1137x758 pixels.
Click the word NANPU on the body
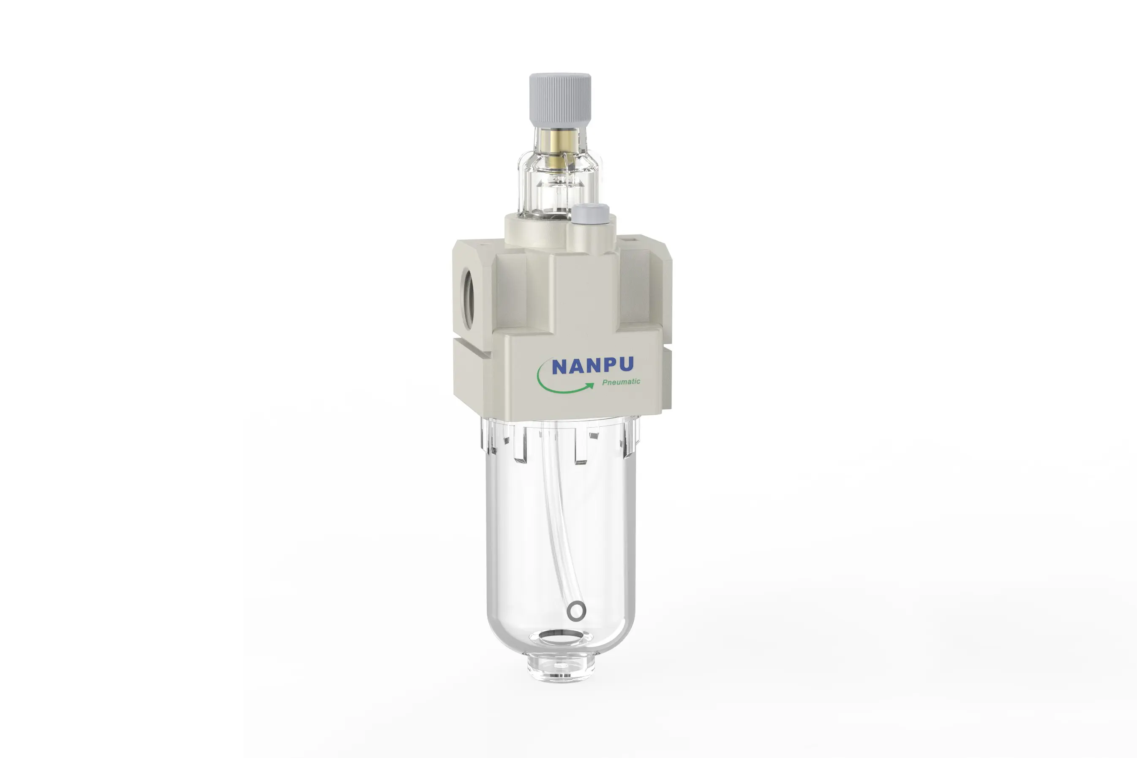(x=592, y=366)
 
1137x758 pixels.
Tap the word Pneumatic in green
(x=621, y=382)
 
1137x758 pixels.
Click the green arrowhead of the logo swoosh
(x=590, y=385)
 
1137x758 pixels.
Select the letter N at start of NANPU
(x=559, y=367)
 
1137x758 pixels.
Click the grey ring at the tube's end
(x=577, y=611)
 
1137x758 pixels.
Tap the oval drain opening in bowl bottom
(x=561, y=638)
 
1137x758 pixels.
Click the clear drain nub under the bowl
(x=561, y=667)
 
